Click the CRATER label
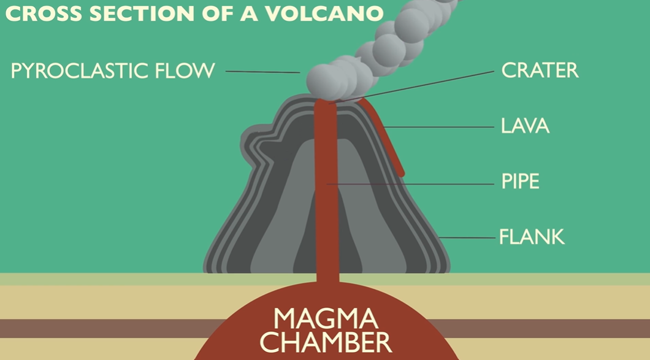pos(540,70)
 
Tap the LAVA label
pos(524,126)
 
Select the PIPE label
pos(520,182)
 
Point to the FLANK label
pos(531,236)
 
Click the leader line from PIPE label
pos(417,183)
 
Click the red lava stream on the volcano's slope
pos(385,135)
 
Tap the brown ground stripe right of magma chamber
pos(552,328)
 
